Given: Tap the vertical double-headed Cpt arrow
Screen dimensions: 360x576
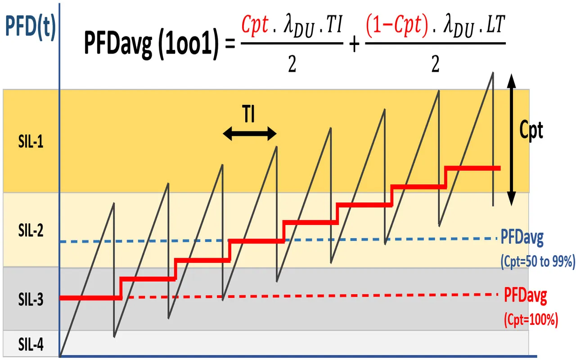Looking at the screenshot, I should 511,139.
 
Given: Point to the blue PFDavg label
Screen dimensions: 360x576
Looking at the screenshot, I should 522,238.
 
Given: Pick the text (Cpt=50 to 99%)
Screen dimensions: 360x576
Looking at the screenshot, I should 537,261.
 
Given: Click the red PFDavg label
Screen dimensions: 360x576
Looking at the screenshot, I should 525,296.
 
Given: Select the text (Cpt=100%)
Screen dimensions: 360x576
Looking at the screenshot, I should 531,320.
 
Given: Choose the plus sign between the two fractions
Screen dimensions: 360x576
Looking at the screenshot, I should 355,45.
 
